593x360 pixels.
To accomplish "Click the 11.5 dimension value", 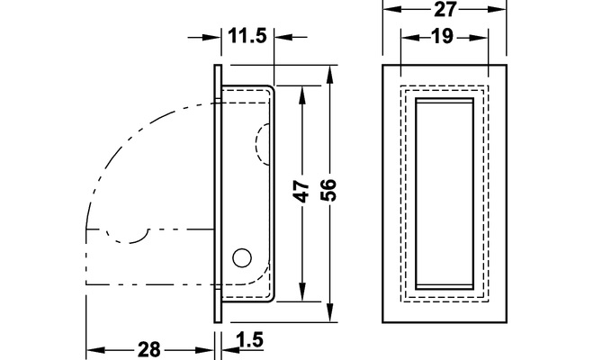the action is [x=247, y=37].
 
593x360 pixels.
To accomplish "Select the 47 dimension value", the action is [x=301, y=192].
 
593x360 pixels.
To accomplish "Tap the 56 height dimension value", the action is [x=328, y=190].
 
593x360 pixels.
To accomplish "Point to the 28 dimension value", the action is [x=149, y=349].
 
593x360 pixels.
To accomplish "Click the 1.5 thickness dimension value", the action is [x=249, y=339].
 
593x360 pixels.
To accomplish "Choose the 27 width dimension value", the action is [x=445, y=9].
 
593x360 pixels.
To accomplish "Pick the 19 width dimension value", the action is [x=442, y=37].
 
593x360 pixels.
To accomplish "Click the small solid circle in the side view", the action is [x=242, y=258].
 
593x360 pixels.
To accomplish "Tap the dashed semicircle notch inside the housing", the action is [x=263, y=144].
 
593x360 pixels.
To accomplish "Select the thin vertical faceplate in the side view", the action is [x=218, y=193].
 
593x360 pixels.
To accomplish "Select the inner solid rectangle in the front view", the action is [x=445, y=194].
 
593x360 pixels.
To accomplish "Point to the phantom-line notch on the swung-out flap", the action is [x=128, y=237].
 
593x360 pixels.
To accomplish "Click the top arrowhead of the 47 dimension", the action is [x=302, y=95].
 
